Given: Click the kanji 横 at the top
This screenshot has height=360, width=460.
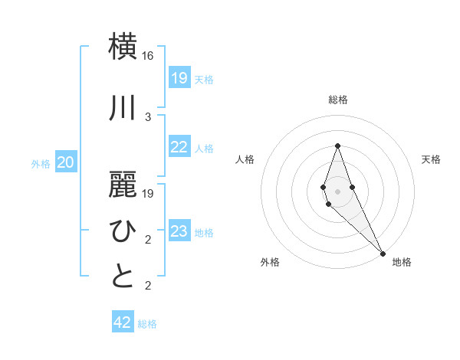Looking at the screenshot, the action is pos(123,47).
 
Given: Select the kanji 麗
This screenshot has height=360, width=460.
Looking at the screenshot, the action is pos(123,183).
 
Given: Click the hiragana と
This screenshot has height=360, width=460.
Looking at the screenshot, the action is pos(123,277).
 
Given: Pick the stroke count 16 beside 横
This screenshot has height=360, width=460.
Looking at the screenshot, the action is pos(148,56).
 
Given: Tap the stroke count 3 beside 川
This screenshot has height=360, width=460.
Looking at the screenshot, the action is pos(148,116).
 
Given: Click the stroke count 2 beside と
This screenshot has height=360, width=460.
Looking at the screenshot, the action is pos(148,286).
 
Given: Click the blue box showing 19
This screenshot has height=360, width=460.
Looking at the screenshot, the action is pos(179,78).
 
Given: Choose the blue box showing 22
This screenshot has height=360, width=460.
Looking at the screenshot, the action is pos(179,148).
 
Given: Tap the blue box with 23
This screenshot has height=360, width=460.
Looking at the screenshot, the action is pos(179,231).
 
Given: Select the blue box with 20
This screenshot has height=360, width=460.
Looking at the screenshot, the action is pos(66,162).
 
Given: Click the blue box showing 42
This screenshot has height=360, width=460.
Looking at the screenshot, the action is pos(123,322).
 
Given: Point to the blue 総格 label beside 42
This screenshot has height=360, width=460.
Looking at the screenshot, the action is pos(147,324).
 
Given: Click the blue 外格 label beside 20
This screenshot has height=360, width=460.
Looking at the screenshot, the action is pos(41,163).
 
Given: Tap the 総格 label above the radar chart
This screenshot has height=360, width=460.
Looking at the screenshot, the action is pos(337,100).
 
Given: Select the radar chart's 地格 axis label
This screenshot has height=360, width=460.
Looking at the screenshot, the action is pos(402,262).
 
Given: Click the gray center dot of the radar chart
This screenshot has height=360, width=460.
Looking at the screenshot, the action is pos(337,191).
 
